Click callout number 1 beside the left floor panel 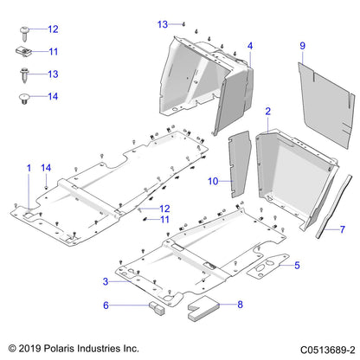pos(29,166)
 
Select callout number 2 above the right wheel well pos(268,112)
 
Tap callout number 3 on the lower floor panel pos(106,282)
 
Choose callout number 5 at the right pos(297,265)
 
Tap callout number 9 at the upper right pos(302,44)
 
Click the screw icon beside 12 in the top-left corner pos(23,33)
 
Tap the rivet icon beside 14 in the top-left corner pos(24,99)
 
